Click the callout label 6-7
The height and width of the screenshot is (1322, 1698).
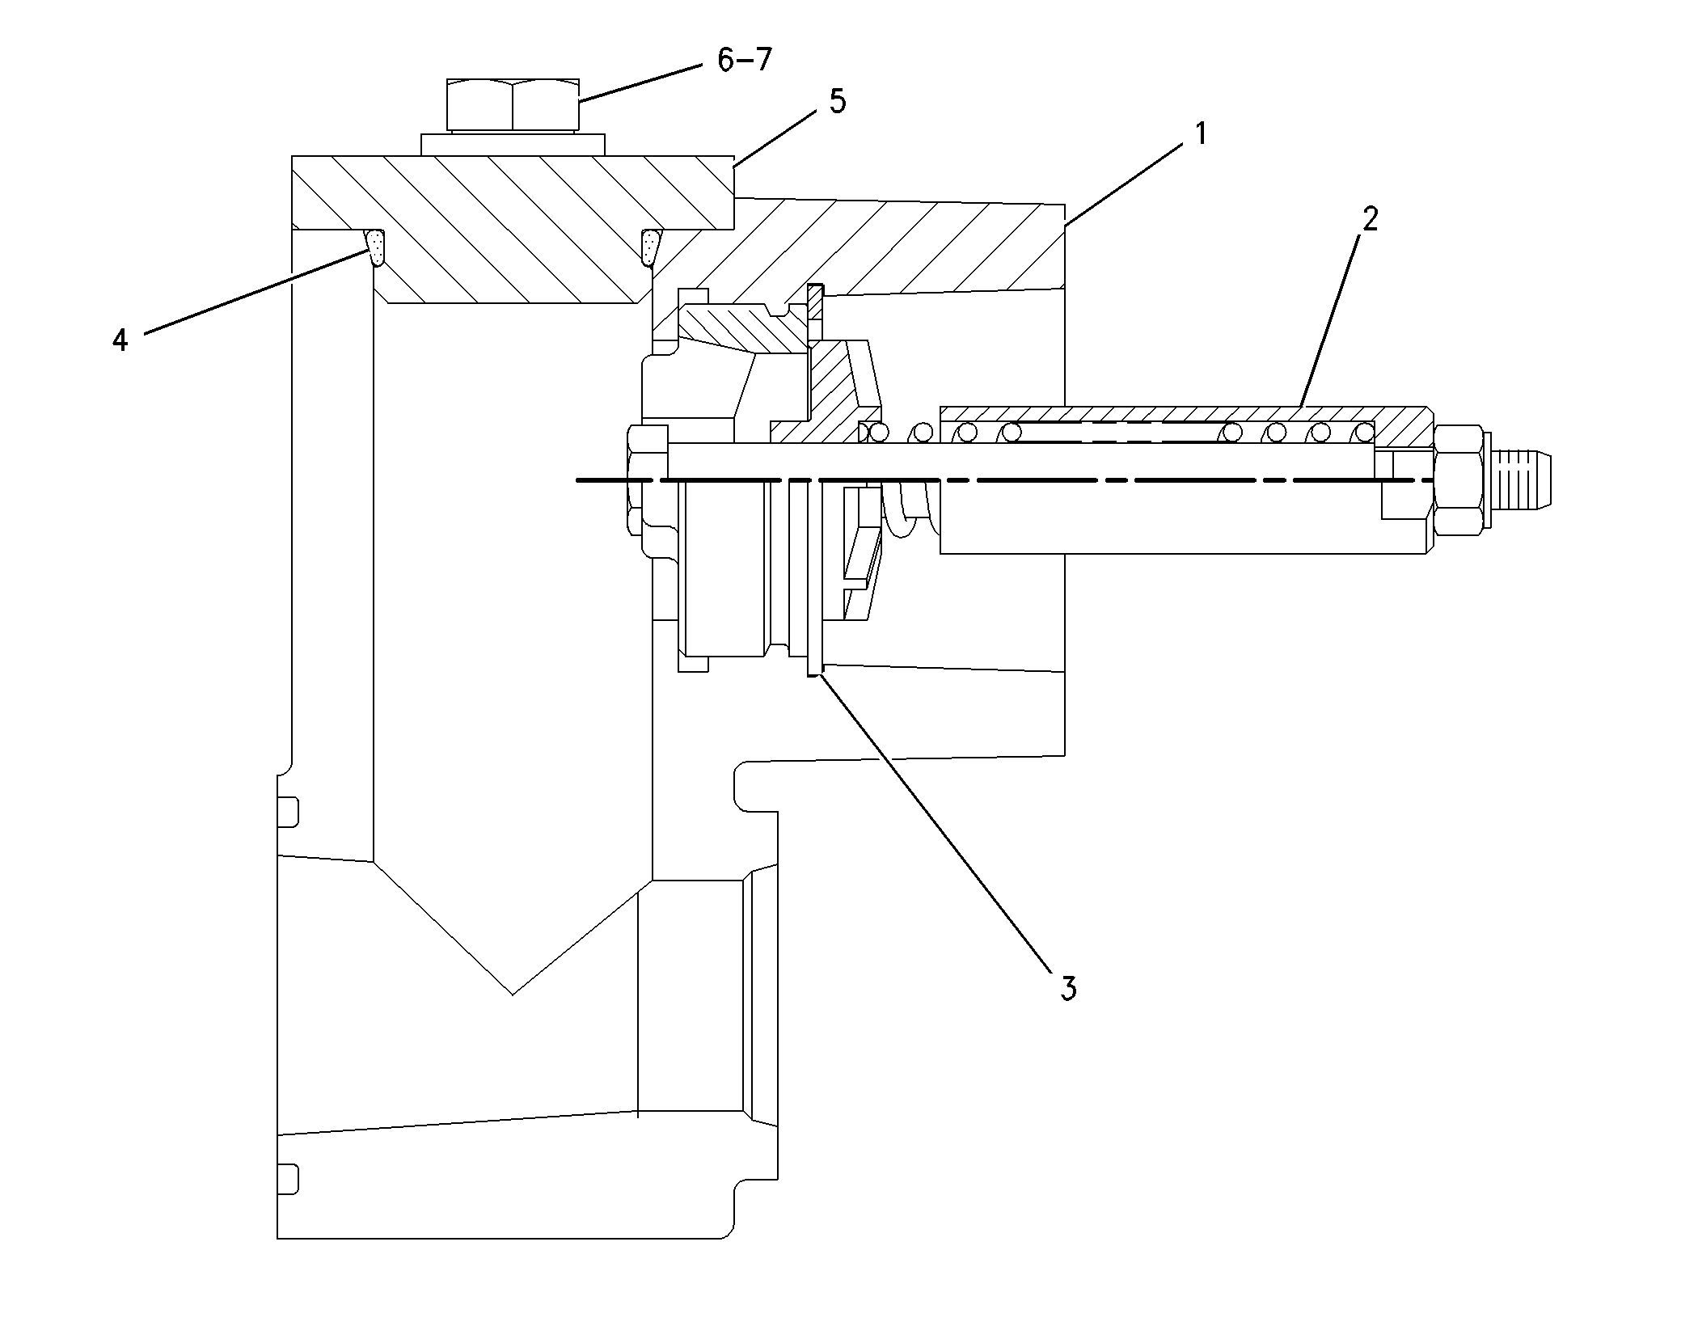(745, 61)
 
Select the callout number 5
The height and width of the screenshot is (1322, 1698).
(838, 103)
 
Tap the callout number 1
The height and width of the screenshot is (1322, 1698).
(1201, 133)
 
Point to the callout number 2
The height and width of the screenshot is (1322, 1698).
(1369, 219)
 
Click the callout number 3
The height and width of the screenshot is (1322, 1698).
(1068, 988)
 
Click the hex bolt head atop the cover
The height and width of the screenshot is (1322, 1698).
(513, 104)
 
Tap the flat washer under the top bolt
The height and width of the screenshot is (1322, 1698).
(513, 145)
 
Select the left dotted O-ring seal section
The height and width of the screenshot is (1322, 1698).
(375, 247)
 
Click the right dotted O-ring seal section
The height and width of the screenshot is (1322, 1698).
(651, 247)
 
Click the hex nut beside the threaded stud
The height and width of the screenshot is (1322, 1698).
(1459, 480)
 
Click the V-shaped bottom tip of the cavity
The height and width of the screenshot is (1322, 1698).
(513, 991)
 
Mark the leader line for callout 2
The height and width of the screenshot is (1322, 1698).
(1334, 315)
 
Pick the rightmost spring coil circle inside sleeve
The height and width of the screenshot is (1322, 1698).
(1363, 433)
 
